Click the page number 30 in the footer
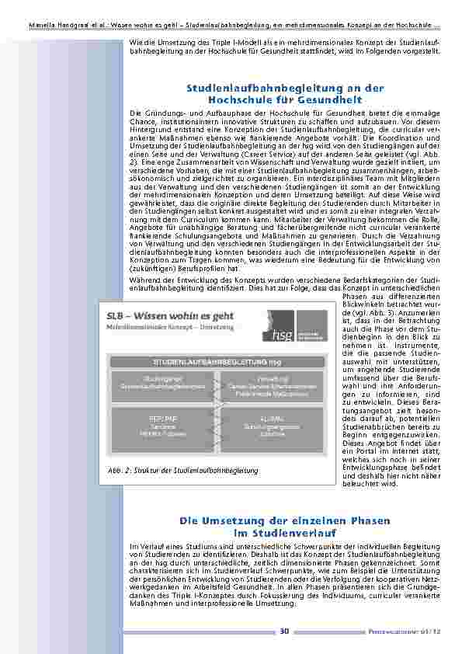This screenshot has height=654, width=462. point(285,630)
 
